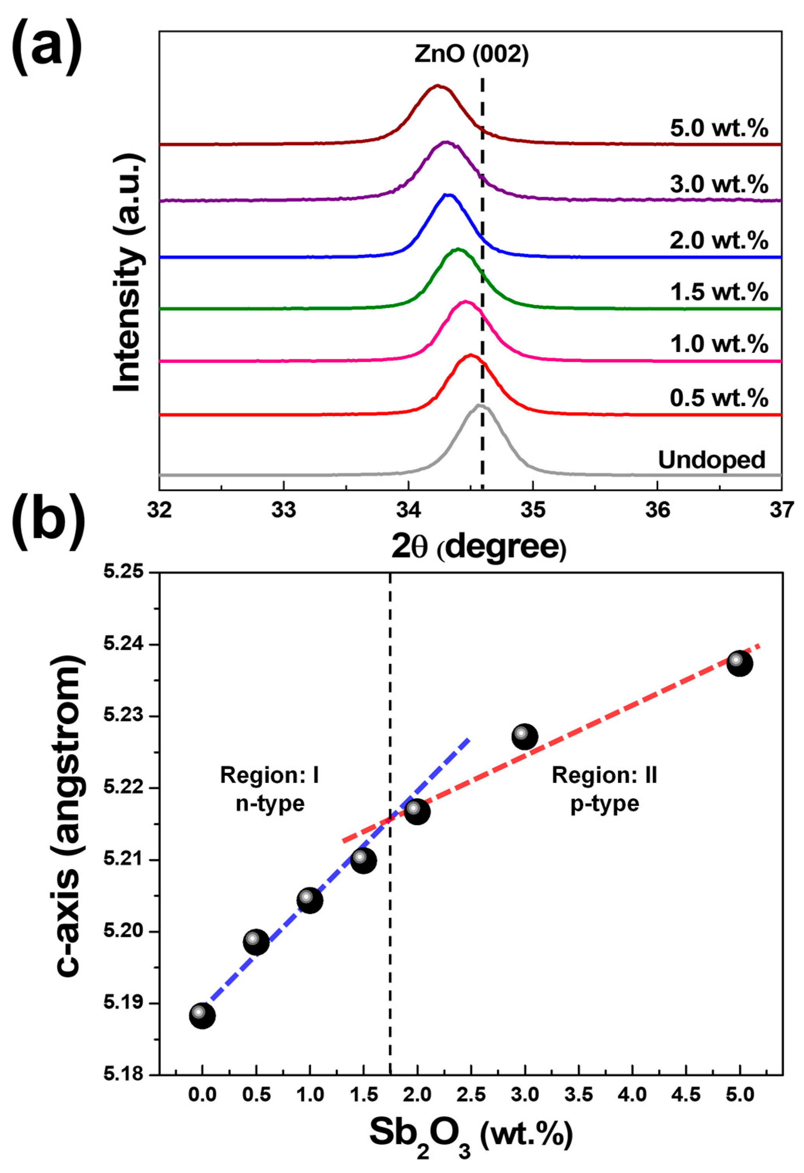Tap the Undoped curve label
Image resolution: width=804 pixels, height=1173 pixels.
click(x=711, y=460)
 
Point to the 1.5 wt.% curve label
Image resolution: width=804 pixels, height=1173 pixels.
click(x=719, y=292)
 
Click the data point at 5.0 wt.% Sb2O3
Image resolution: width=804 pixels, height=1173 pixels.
click(x=739, y=663)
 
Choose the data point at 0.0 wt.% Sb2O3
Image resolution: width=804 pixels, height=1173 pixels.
click(x=202, y=1016)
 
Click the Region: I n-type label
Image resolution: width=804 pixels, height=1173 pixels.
click(x=270, y=789)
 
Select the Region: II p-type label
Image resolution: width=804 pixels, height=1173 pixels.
click(x=604, y=789)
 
